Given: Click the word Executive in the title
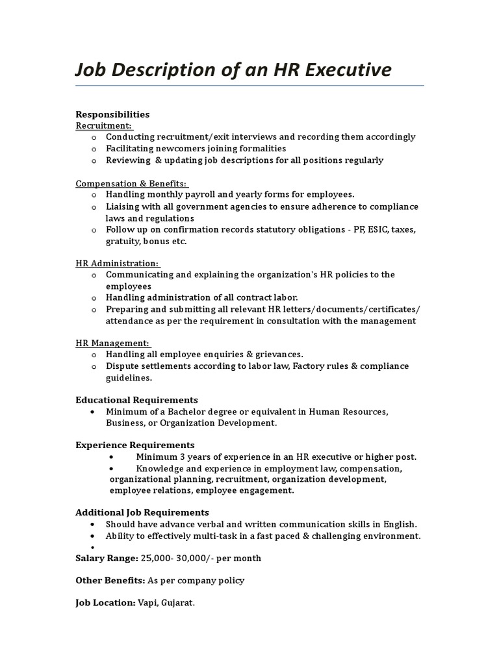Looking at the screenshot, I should (348, 69).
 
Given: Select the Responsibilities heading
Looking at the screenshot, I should (112, 114).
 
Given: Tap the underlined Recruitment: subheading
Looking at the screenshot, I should (104, 125).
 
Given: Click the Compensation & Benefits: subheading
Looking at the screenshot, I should (131, 183).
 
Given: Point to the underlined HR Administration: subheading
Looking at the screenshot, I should (117, 263).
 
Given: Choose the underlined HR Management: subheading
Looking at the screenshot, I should (112, 343).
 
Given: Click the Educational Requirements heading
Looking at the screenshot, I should (136, 400).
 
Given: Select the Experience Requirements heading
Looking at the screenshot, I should (135, 445).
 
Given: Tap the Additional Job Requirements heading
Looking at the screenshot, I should (142, 513).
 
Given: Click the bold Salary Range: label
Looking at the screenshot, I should (107, 558).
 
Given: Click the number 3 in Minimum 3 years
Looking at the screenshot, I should (179, 457).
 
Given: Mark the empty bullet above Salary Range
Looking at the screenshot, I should (94, 547).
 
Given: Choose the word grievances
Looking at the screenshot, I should (277, 355).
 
